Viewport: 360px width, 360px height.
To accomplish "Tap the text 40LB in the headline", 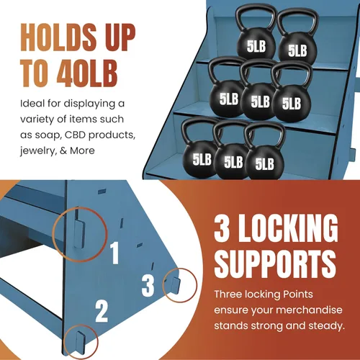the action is coord(87,73).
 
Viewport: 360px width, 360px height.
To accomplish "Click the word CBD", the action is coord(76,135).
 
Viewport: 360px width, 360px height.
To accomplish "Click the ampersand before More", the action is coord(63,150).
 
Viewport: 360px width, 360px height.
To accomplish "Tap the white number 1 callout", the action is coord(114,253).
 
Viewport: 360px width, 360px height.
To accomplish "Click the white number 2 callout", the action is coord(102,311).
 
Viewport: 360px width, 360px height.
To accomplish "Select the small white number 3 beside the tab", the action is coord(148,285).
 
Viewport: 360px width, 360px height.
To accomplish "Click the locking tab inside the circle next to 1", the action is coord(79,234).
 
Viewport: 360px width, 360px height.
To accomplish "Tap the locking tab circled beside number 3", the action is coord(176,285).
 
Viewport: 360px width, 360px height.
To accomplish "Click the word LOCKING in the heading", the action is coord(288,228).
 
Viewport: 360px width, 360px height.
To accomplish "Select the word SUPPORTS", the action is coord(275,264).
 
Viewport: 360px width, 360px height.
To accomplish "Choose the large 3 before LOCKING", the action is coord(222,228).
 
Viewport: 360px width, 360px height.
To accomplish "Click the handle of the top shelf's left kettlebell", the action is coord(256,17).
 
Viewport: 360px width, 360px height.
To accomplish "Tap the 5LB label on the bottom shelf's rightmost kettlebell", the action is coord(264,164).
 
